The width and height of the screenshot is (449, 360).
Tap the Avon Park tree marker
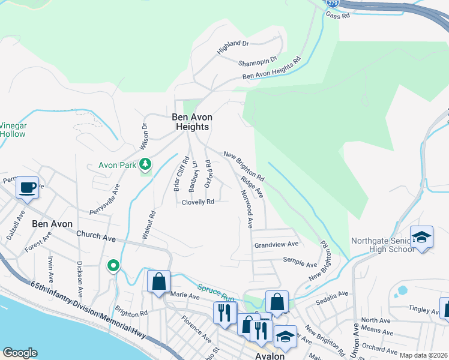(145, 164)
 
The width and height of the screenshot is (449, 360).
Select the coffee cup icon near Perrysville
(27, 188)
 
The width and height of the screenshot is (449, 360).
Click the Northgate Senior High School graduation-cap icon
(422, 238)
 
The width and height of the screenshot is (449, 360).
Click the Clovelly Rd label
(198, 202)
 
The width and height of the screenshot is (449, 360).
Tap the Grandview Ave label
(276, 244)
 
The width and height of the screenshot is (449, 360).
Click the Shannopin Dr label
(257, 61)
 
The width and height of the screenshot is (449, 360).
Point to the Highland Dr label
(233, 47)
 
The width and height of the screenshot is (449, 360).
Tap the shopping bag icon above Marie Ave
(159, 282)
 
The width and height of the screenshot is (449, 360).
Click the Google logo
(20, 353)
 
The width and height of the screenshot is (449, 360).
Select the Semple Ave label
(300, 264)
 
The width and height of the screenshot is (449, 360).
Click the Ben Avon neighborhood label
(52, 224)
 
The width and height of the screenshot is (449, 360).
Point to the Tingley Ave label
(423, 310)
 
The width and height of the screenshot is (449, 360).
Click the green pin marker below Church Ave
(113, 266)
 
